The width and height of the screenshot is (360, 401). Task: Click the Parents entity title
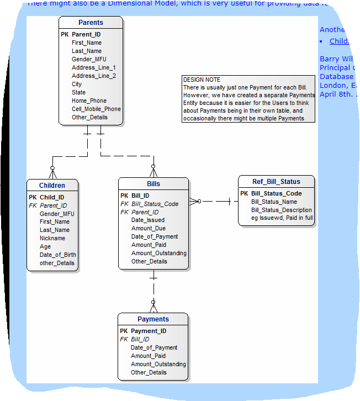pos(91,23)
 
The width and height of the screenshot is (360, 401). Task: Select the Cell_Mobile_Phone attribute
pos(96,109)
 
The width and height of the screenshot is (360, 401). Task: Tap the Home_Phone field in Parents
pos(89,101)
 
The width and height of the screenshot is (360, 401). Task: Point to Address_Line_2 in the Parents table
pos(93,76)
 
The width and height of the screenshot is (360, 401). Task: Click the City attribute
pos(77,84)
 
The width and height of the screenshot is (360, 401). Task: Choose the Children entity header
pos(52,186)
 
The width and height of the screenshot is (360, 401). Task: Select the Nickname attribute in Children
pos(52,238)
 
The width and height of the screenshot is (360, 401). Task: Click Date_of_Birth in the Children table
pos(58,255)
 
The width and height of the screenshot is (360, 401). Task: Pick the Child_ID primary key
pos(52,197)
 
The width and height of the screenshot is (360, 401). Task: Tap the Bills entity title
pos(153,184)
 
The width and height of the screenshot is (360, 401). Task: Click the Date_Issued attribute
pos(147,220)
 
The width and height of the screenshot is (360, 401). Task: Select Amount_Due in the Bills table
pos(148,228)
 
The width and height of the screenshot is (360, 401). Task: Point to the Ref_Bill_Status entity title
pos(277,182)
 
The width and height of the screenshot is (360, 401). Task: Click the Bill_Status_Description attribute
pos(281,210)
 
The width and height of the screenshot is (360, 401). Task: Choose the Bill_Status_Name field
pos(274,202)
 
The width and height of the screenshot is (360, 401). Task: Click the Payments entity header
pos(153,319)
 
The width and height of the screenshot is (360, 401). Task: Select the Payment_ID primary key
pos(148,331)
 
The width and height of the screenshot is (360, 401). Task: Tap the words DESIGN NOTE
pos(202,80)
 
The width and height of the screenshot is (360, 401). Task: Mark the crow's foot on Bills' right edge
pos(194,201)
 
